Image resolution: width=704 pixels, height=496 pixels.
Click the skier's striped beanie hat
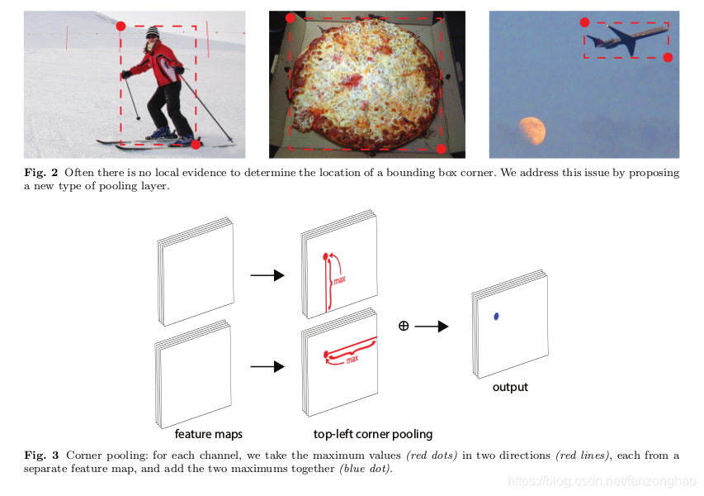[x=152, y=32]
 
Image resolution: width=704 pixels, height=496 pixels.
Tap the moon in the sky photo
[x=532, y=131]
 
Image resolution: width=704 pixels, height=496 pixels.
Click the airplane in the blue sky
[x=628, y=40]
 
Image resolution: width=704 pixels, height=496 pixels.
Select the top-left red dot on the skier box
[x=120, y=26]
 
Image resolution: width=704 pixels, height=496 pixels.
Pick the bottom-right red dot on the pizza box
[x=442, y=149]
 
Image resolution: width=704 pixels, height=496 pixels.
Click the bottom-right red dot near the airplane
[x=668, y=58]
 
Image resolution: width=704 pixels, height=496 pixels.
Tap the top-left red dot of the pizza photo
[x=290, y=18]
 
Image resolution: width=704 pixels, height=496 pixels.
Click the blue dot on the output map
[x=496, y=317]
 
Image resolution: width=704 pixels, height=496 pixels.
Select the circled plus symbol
[x=404, y=326]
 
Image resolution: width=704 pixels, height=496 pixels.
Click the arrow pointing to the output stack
[x=432, y=326]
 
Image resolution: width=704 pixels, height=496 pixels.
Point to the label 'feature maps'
[x=208, y=434]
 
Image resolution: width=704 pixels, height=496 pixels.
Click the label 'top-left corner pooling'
[x=373, y=434]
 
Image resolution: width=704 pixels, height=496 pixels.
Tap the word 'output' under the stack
[x=510, y=387]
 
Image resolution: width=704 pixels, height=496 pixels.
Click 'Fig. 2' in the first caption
[x=41, y=173]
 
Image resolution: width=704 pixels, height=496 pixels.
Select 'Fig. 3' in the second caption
[x=41, y=455]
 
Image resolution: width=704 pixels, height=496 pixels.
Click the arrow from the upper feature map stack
[x=267, y=275]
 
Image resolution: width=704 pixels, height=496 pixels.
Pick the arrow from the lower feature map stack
[x=267, y=367]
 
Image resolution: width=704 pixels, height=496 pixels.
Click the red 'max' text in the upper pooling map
[x=339, y=280]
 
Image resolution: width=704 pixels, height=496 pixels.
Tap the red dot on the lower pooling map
[x=326, y=355]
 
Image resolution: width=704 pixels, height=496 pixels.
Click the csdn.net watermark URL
[x=602, y=482]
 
